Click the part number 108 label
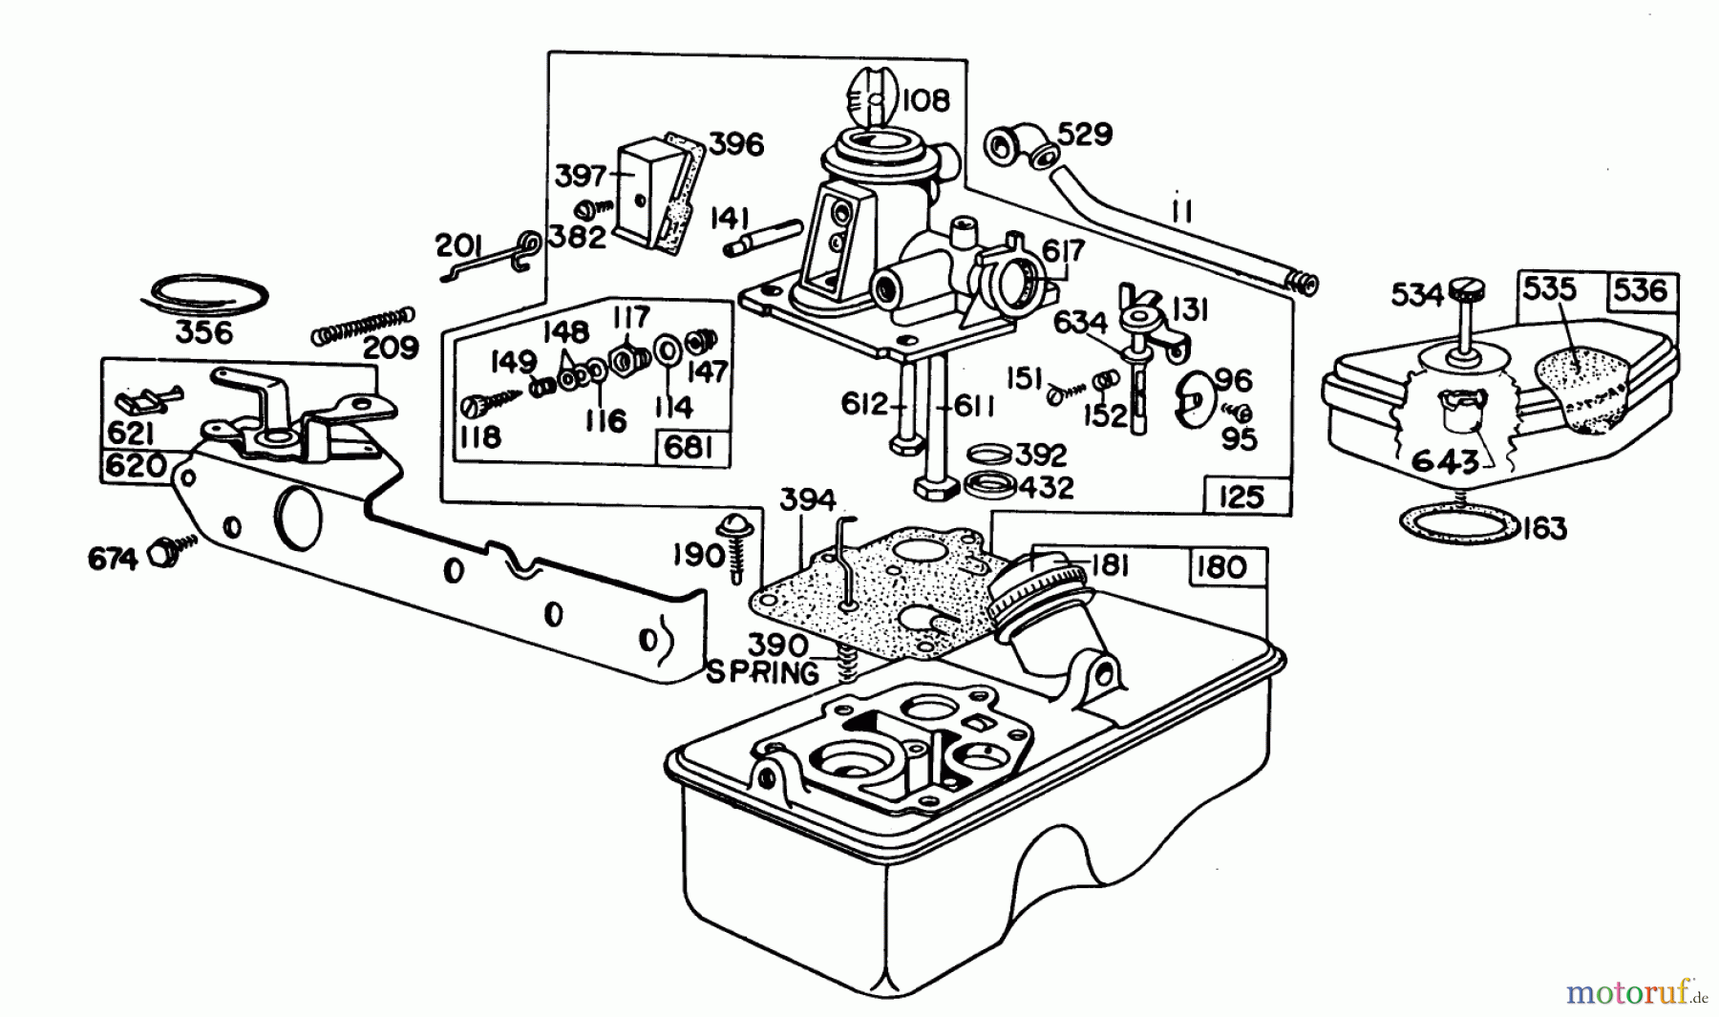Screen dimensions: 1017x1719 (923, 99)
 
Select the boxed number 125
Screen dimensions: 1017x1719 (1241, 497)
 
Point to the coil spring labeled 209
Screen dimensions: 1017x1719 (364, 325)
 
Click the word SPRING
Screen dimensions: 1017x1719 (762, 673)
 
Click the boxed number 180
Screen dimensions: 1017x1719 (1221, 566)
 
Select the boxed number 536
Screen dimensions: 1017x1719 (1642, 288)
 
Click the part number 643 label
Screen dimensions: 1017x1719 (1445, 462)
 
